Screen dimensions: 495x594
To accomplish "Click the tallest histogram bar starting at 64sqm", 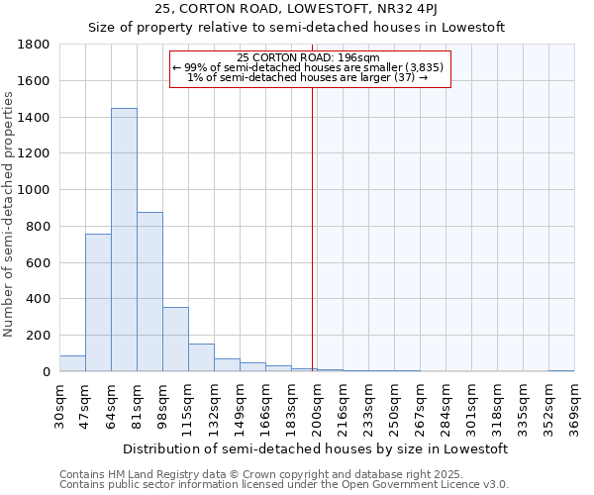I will click(x=124, y=240).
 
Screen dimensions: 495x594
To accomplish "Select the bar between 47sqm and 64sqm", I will click(x=98, y=302).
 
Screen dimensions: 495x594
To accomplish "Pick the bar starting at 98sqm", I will click(x=175, y=339).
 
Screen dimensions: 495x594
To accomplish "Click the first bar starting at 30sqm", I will click(x=72, y=363).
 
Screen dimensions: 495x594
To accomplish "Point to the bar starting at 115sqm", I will click(x=201, y=357).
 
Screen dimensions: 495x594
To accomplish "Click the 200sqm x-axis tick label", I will click(x=318, y=407).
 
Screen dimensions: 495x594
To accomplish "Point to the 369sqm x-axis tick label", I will click(x=575, y=407).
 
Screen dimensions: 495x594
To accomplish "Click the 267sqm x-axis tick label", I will click(x=421, y=407).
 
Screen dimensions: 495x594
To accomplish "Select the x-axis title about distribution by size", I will click(x=316, y=448).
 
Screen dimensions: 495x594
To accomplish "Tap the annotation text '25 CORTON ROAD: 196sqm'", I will click(x=309, y=58).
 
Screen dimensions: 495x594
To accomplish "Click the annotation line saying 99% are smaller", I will click(x=310, y=67).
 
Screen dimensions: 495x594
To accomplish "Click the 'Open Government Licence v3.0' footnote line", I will click(x=284, y=485).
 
